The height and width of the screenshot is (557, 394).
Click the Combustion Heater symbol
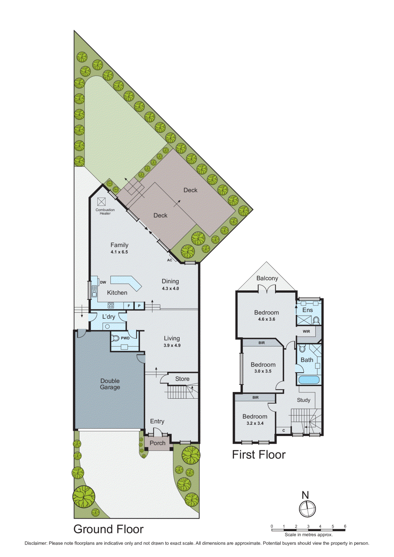(x=101, y=202)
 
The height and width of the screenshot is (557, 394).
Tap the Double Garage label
(x=110, y=384)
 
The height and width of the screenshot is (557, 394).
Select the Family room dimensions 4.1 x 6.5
(x=119, y=252)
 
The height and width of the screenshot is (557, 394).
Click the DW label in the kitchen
(x=103, y=282)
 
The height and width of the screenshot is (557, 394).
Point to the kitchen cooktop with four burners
(x=111, y=306)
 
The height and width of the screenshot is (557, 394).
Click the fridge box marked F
(x=129, y=306)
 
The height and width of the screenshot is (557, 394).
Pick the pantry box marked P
(x=139, y=306)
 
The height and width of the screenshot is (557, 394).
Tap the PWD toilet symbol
(x=116, y=338)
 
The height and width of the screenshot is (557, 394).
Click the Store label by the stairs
(x=182, y=379)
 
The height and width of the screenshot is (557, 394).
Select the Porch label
(x=157, y=443)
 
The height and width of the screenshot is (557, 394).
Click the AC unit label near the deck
(x=170, y=260)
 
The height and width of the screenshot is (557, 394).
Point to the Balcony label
(x=267, y=278)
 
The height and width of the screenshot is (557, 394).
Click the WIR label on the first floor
(x=306, y=331)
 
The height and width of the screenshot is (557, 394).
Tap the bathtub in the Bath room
(x=309, y=379)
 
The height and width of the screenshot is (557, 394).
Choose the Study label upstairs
(x=304, y=400)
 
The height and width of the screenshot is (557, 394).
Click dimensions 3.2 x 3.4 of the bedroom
(x=255, y=423)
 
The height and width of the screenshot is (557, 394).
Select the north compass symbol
(x=307, y=509)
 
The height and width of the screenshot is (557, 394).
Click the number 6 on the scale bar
(x=345, y=526)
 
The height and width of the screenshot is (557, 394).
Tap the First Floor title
(x=259, y=455)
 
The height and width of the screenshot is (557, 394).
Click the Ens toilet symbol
(x=316, y=320)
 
